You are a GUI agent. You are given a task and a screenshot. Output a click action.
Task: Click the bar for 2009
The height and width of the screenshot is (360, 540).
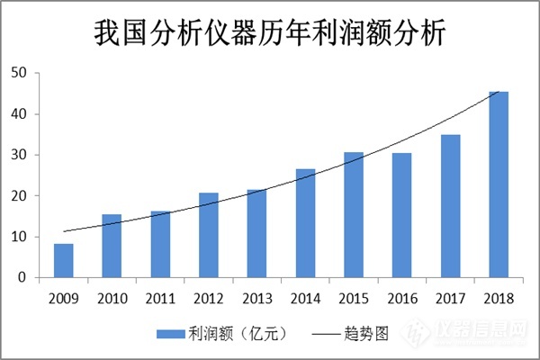[x=63, y=261]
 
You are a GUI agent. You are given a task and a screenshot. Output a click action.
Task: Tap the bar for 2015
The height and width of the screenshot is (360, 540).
[x=354, y=215]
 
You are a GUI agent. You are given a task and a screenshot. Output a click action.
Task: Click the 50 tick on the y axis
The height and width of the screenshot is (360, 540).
[x=18, y=73]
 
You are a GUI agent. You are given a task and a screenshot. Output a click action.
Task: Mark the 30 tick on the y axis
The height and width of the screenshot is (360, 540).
[x=18, y=155]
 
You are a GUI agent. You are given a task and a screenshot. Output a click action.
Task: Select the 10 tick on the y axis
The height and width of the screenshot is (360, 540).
[x=18, y=237]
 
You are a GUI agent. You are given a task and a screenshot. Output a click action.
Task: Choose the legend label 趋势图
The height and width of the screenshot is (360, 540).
[x=366, y=332]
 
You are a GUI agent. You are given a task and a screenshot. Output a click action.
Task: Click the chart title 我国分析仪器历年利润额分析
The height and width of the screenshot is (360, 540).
[x=270, y=33]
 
